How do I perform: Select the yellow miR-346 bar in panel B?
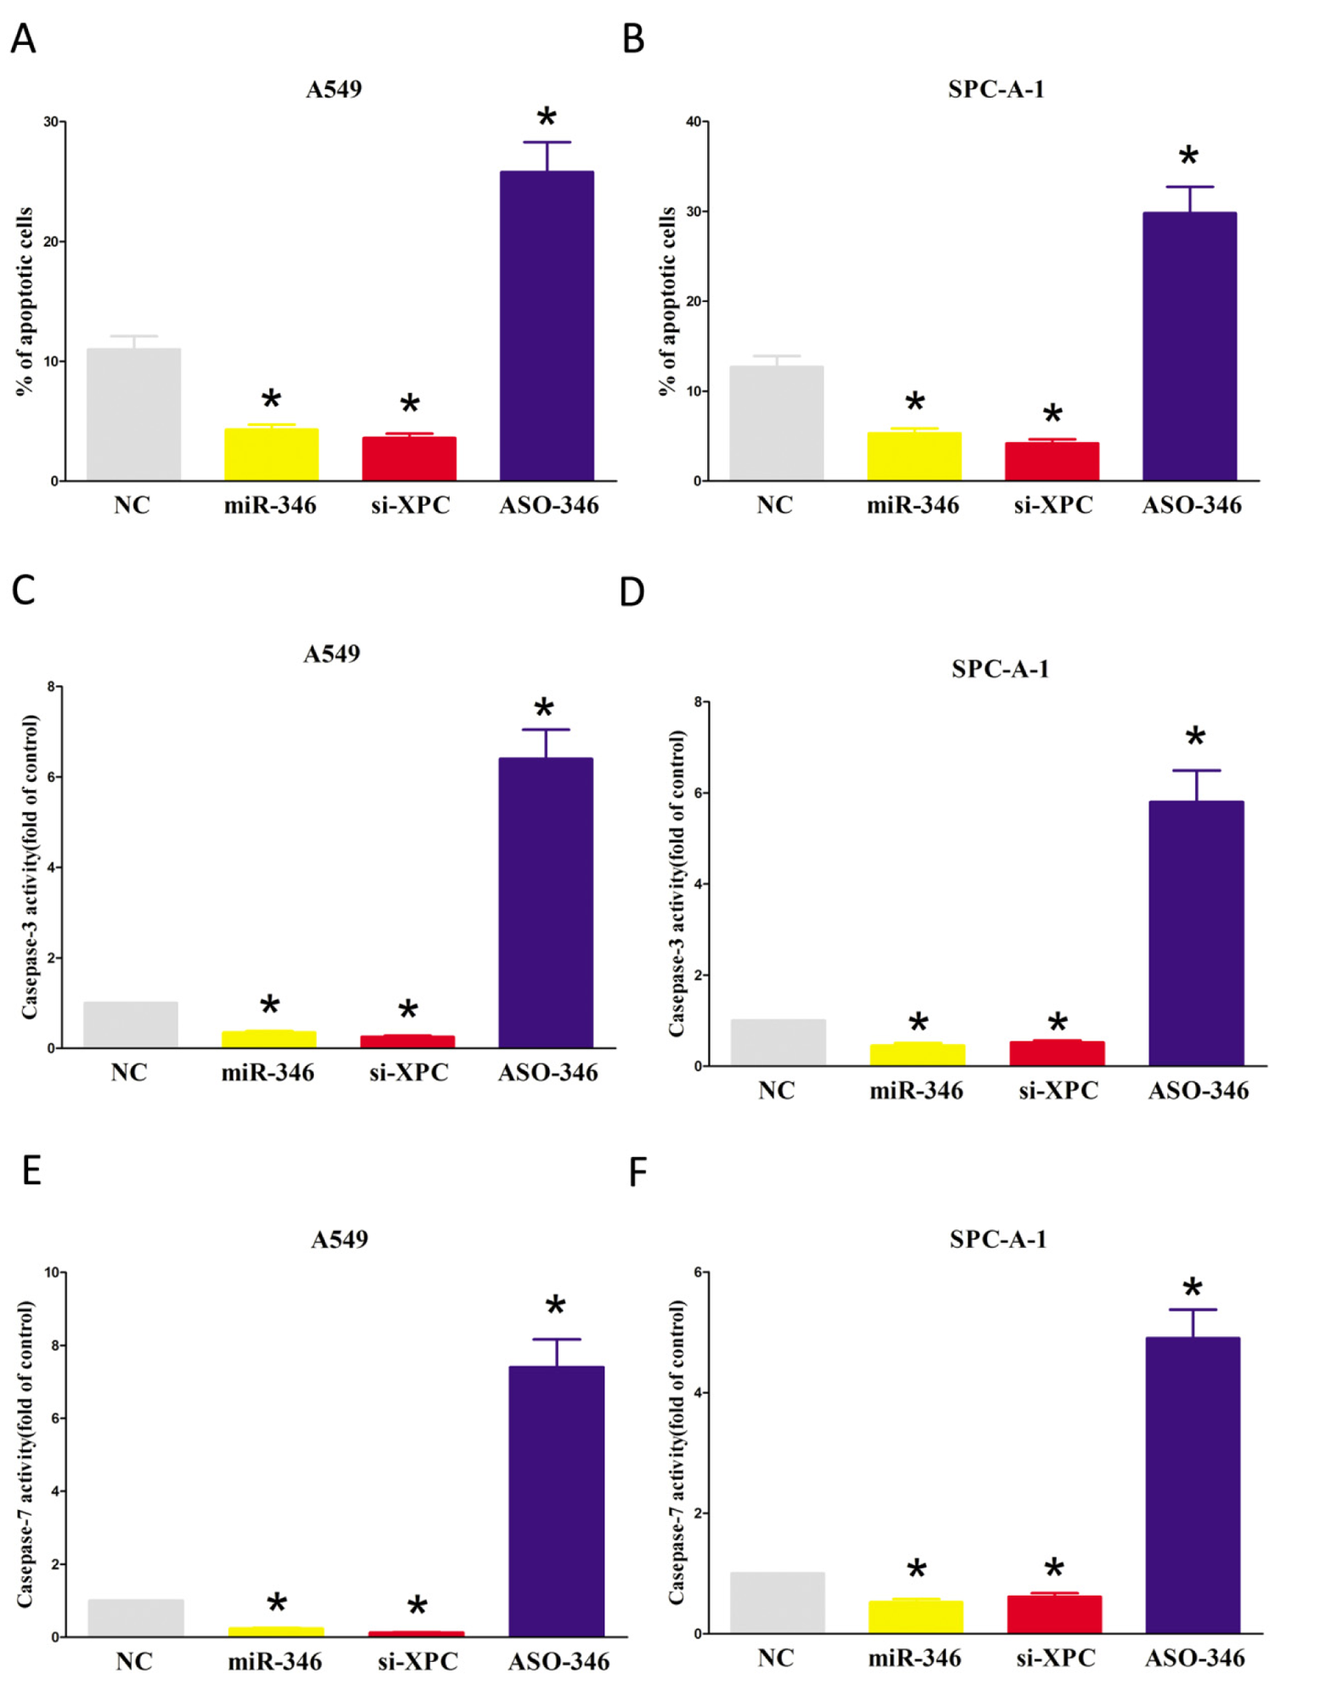click(x=914, y=457)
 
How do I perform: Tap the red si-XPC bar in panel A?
click(x=409, y=459)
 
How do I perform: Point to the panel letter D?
click(x=632, y=592)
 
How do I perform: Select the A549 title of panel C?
click(x=331, y=654)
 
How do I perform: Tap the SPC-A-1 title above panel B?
click(x=995, y=89)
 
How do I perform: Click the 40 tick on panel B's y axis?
click(x=694, y=122)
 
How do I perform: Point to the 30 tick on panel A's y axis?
click(x=51, y=122)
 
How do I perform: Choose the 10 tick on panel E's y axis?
click(x=51, y=1273)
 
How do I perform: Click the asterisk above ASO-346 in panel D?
click(x=1195, y=737)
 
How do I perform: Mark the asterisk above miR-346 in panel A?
click(x=271, y=400)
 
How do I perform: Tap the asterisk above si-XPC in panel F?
click(x=1054, y=1568)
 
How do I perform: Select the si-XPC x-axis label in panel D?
click(x=1058, y=1091)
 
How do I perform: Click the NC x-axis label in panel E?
click(x=133, y=1661)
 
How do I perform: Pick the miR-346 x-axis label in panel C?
click(x=268, y=1073)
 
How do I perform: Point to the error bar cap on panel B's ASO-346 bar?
click(x=1189, y=187)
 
